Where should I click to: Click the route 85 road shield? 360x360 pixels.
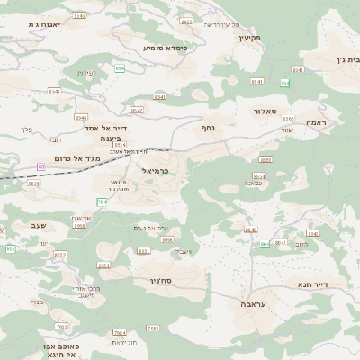pos(41,166)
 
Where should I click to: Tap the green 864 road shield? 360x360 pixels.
pos(284,83)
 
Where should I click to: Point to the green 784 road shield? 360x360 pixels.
pos(102,202)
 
